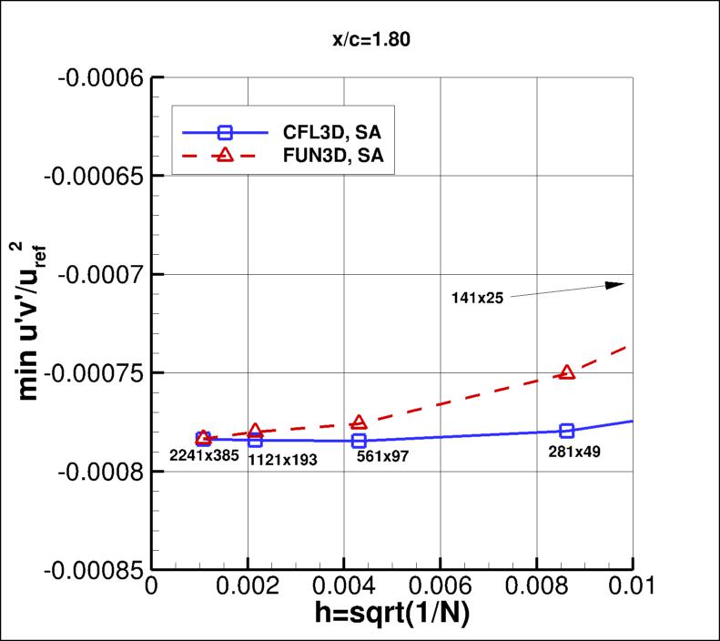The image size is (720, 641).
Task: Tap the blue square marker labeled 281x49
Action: pos(567,431)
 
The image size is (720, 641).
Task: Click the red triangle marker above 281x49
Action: pos(567,372)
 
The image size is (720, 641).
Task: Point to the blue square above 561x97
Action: pos(360,441)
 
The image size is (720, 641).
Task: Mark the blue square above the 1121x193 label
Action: pos(255,440)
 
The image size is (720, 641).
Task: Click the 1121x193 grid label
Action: pos(282,461)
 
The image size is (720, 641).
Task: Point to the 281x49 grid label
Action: pos(573,450)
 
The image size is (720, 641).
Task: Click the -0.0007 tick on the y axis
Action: pos(95,273)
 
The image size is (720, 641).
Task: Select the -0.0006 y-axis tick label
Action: pos(95,76)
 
